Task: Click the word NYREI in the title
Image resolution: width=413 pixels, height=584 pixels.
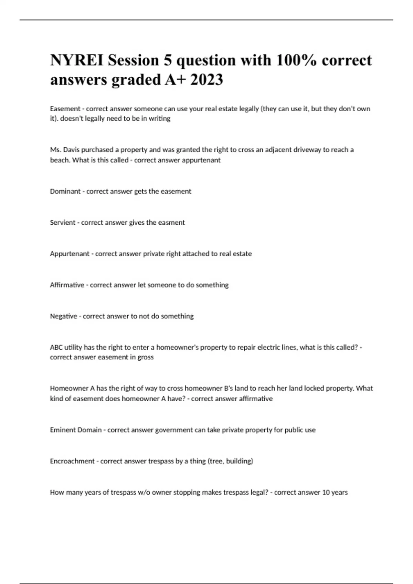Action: pos(77,60)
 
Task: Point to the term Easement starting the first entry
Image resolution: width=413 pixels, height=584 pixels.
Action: pos(65,109)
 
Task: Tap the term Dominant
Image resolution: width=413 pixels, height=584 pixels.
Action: pos(65,191)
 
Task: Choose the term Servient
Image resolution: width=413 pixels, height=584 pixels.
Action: pos(63,223)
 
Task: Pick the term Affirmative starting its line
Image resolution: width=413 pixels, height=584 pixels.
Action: pos(67,285)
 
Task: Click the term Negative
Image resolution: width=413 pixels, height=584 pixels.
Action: pos(64,316)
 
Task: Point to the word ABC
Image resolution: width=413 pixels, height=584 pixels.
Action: pos(56,347)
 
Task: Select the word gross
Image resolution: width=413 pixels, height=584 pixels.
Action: pos(146,357)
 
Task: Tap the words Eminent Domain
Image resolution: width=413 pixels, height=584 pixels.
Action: pos(76,430)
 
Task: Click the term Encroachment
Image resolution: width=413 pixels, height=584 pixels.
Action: pos(72,461)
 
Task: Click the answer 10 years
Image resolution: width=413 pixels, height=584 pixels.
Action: pos(335,493)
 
